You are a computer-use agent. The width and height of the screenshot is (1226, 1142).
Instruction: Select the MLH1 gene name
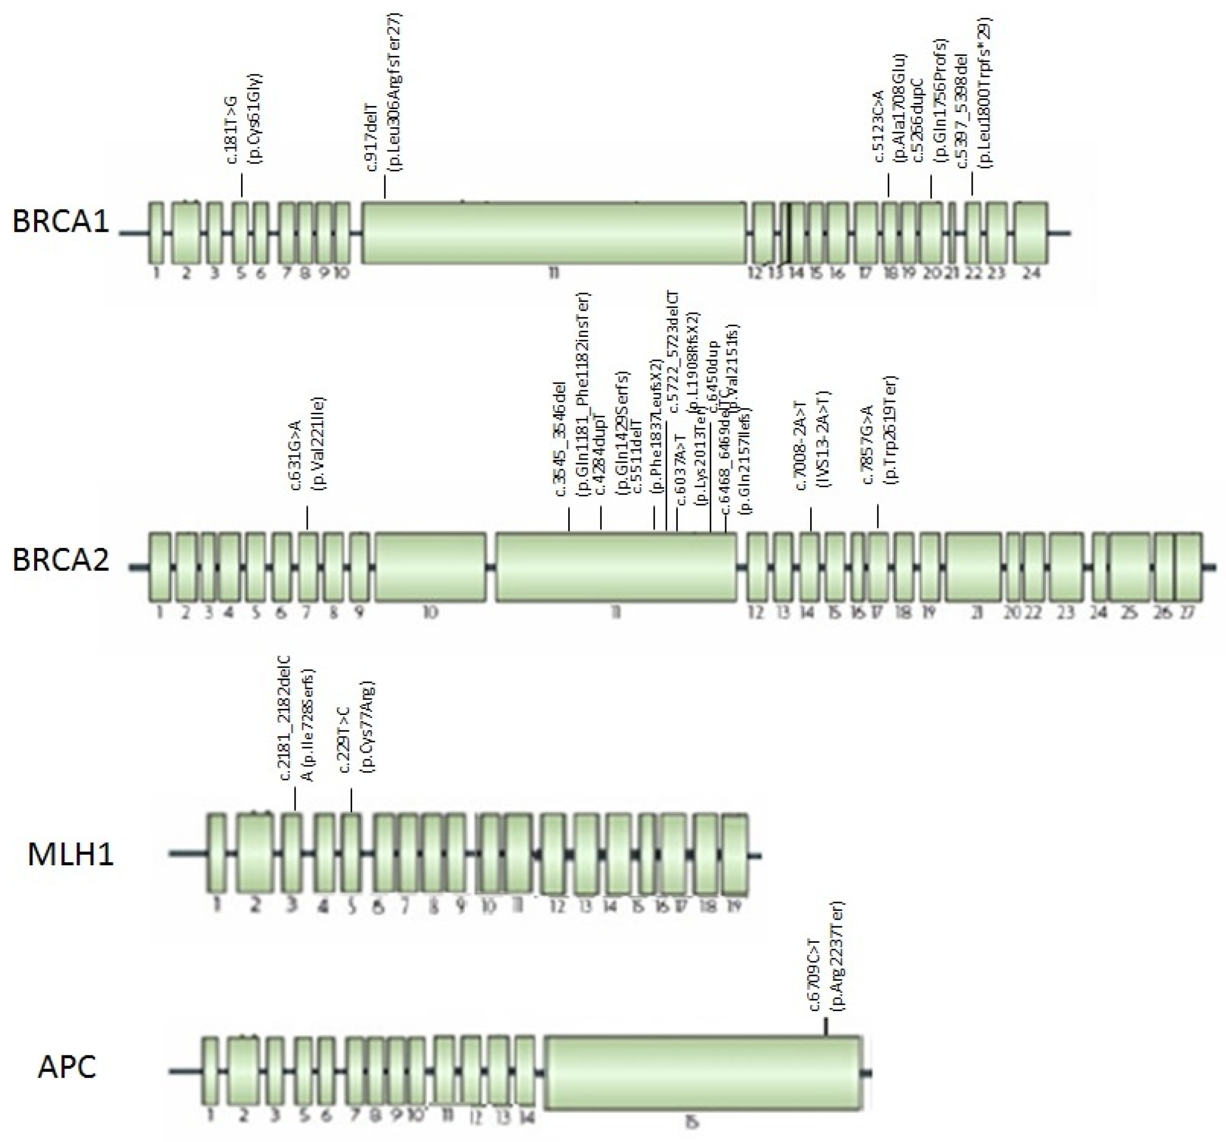coord(70,855)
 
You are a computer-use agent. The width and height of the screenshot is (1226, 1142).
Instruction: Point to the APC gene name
coord(67,1067)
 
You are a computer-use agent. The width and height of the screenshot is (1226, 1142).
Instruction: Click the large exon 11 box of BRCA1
coord(553,232)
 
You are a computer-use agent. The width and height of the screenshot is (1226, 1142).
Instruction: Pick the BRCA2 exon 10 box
coord(430,567)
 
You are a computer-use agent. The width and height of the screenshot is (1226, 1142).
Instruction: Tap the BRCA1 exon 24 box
coord(1030,232)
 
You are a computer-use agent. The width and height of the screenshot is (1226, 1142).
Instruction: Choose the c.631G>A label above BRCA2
coord(296,455)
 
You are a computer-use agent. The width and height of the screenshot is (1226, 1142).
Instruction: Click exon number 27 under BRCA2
coord(1187,613)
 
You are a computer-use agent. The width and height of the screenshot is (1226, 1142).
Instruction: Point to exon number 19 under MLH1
coord(734,907)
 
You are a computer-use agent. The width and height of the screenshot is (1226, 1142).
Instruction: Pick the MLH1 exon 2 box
coord(255,854)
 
